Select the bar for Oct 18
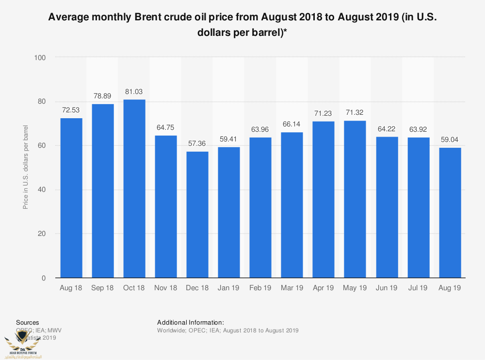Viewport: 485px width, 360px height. point(134,189)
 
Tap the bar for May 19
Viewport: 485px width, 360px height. point(355,199)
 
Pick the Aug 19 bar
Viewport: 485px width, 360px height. point(450,213)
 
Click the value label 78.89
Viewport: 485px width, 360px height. point(103,96)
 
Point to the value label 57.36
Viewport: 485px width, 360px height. point(197,144)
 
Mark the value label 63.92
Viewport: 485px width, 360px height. point(418,129)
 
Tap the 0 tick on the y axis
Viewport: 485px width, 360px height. point(44,278)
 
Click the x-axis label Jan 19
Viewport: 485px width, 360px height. point(229,288)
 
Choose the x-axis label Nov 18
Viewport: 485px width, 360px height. point(166,288)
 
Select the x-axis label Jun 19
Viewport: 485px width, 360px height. point(387,288)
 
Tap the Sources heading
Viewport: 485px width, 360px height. point(28,322)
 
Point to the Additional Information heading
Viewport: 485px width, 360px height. point(191,322)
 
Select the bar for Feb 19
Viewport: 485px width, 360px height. point(260,207)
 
